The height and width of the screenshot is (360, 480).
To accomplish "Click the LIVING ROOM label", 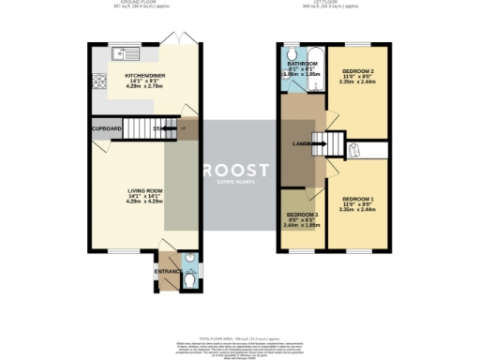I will (x=145, y=190).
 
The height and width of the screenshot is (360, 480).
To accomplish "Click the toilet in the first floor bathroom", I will (x=292, y=52).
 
